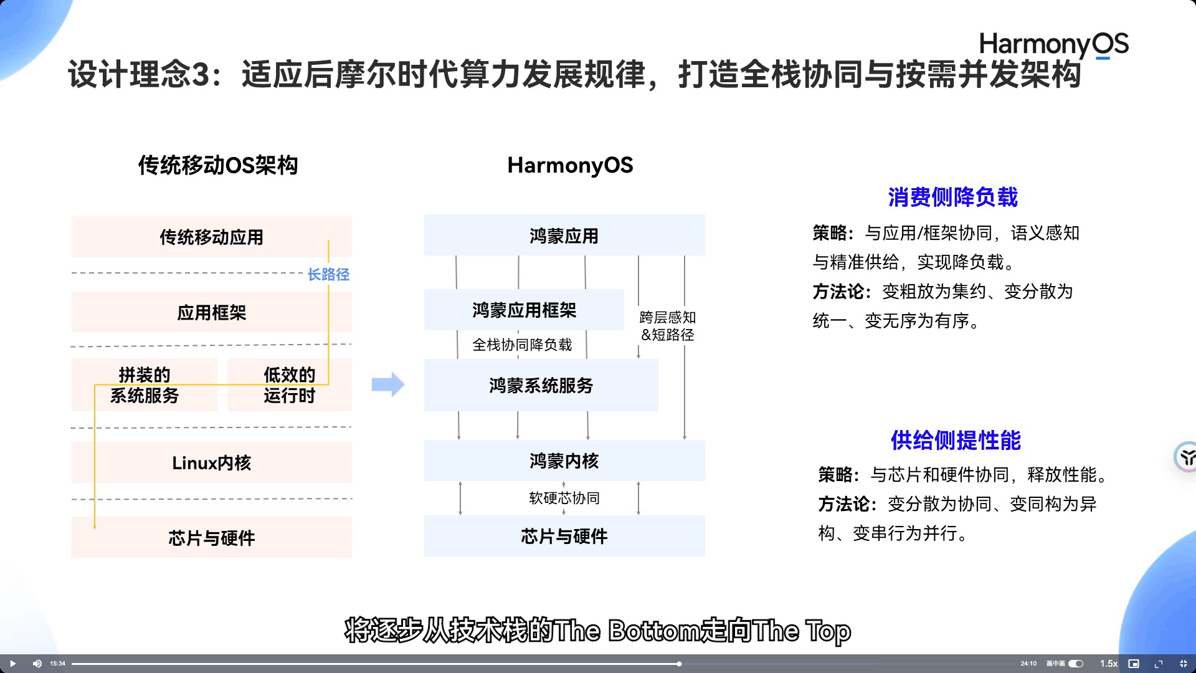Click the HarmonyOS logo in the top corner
[1053, 44]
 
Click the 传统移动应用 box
[211, 237]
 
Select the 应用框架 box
[211, 312]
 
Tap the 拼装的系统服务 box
[145, 385]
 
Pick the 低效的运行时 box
[289, 385]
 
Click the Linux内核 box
[211, 462]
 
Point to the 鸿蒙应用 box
[564, 236]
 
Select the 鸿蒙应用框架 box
[524, 310]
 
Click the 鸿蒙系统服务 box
[541, 385]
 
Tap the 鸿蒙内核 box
[564, 461]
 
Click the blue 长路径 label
[328, 274]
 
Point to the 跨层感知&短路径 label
[667, 326]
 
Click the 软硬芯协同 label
[564, 498]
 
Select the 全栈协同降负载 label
[521, 345]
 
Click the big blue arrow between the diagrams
[388, 384]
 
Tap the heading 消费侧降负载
[952, 197]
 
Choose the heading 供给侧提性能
[956, 440]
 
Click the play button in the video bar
[12, 664]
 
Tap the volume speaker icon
[37, 664]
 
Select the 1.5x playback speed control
[1108, 664]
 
